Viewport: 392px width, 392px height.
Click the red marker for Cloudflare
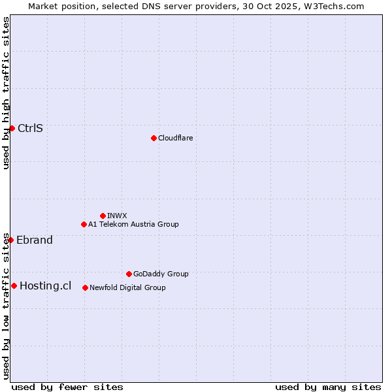pos(154,138)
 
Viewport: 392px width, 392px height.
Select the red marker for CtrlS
pos(12,128)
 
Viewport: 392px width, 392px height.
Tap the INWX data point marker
pos(103,216)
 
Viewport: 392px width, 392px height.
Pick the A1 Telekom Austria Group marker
pos(84,224)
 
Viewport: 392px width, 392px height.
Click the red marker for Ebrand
pos(10,240)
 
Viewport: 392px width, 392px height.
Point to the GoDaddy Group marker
pos(129,274)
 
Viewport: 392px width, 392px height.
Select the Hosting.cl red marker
pos(14,286)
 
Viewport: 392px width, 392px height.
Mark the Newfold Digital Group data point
pos(85,287)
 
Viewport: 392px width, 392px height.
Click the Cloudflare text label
pos(175,138)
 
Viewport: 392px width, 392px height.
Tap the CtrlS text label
pos(30,128)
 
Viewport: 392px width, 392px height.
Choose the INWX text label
pos(117,216)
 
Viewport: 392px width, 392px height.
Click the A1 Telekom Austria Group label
pos(133,224)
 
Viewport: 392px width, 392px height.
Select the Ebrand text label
pos(35,240)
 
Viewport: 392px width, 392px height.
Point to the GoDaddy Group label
pos(161,274)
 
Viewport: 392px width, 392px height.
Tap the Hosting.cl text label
pos(46,286)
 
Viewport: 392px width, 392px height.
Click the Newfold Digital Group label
pos(127,287)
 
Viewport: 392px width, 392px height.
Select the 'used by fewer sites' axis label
pos(67,387)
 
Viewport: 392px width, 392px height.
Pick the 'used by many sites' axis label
pos(328,387)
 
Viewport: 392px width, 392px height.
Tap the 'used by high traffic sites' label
pos(6,93)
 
